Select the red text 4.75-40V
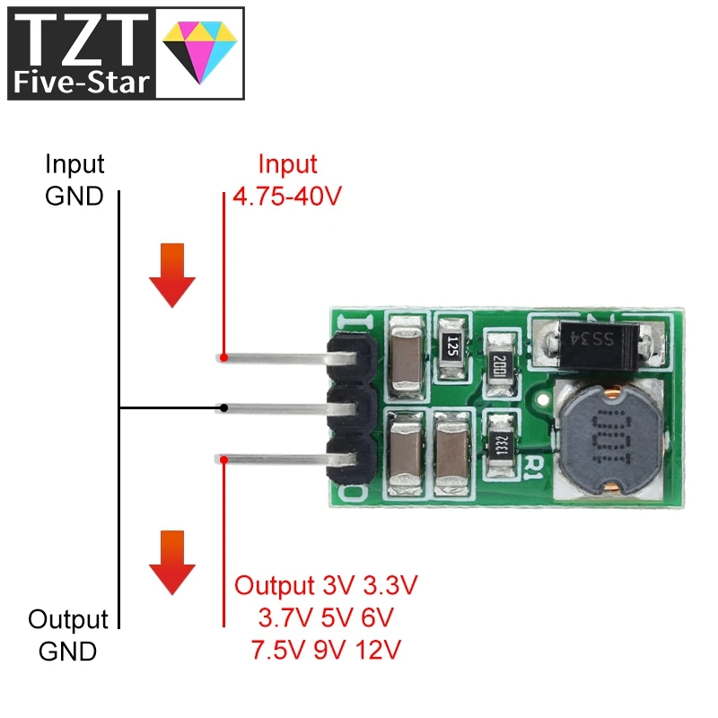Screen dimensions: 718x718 click(287, 196)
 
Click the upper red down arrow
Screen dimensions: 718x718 click(171, 276)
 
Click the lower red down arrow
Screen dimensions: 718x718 click(171, 563)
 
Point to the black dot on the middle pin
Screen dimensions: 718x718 click(223, 408)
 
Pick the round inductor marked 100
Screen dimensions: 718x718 click(609, 440)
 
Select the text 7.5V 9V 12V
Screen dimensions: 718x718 click(326, 648)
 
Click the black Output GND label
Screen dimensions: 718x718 click(68, 635)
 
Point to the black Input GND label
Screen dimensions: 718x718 click(74, 180)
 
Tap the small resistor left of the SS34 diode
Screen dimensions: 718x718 click(499, 363)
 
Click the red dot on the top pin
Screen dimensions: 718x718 click(223, 357)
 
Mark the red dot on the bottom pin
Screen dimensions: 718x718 click(223, 460)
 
